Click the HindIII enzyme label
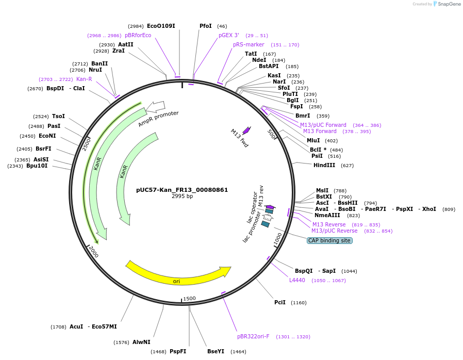coord(324,165)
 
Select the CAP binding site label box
coord(329,240)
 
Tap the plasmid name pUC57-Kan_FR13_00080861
coord(182,190)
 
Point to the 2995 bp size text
coord(182,197)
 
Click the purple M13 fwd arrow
coord(246,131)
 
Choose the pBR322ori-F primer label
coord(253,336)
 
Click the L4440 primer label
coord(297,280)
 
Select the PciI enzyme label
coord(280,302)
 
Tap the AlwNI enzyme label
coord(141,342)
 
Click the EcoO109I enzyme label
coord(161,26)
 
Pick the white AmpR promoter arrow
coord(155,107)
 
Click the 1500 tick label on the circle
coord(189,299)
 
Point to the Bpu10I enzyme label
coord(37,166)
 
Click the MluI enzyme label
coord(313,140)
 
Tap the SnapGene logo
coord(447,4)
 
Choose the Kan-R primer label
coord(84,79)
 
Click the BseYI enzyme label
coord(216,351)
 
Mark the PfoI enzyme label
coord(206,26)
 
